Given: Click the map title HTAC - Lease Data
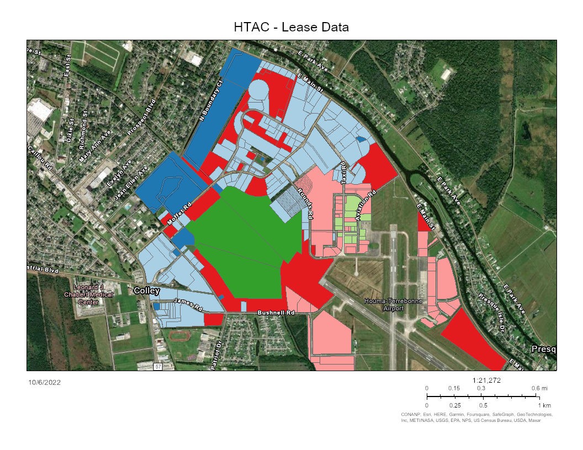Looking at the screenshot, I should click(x=291, y=27).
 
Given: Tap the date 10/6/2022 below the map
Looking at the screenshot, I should click(x=44, y=382).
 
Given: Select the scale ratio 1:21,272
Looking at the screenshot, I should click(x=487, y=381).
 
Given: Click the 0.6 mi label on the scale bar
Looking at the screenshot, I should click(x=539, y=388).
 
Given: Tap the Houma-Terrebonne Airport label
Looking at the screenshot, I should click(x=385, y=304).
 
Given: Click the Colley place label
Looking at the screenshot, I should click(x=146, y=291).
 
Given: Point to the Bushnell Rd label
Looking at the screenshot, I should click(x=275, y=313).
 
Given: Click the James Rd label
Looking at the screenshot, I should click(x=188, y=303).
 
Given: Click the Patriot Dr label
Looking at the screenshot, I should click(x=216, y=356).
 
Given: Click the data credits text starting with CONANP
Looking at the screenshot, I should click(x=476, y=417).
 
